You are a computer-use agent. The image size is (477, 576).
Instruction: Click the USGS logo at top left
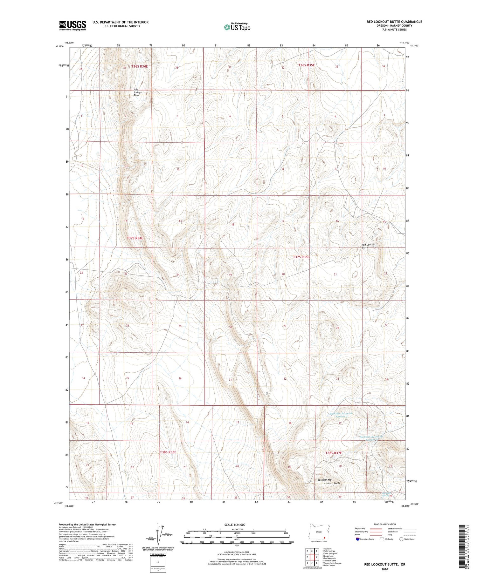pos(73,25)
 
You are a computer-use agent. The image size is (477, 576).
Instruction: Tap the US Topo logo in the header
pos(237,27)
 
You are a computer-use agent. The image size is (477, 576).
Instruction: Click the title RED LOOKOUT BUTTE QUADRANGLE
pos(394,22)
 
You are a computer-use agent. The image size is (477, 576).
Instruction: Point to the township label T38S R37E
pos(334,453)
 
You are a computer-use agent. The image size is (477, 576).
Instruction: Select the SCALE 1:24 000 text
pos(235,525)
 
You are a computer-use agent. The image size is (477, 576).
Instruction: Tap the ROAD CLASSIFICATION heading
pos(385,524)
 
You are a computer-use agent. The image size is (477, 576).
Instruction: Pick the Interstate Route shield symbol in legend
pos(358,539)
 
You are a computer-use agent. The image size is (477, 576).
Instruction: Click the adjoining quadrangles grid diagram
pos(312,557)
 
